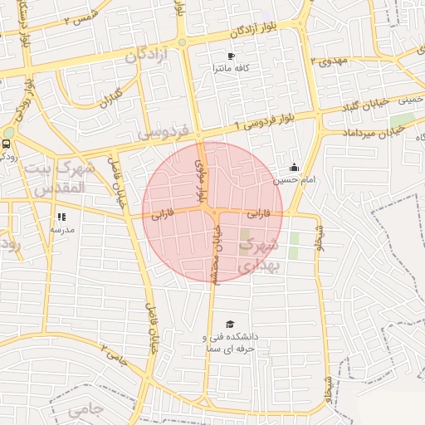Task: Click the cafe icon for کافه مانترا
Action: [231, 56]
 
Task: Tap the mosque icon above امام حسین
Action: [294, 167]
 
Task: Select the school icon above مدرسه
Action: [61, 217]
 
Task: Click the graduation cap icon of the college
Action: [230, 324]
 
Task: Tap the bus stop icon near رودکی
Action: [7, 143]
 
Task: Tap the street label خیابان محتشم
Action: [214, 257]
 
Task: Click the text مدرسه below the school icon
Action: [61, 229]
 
